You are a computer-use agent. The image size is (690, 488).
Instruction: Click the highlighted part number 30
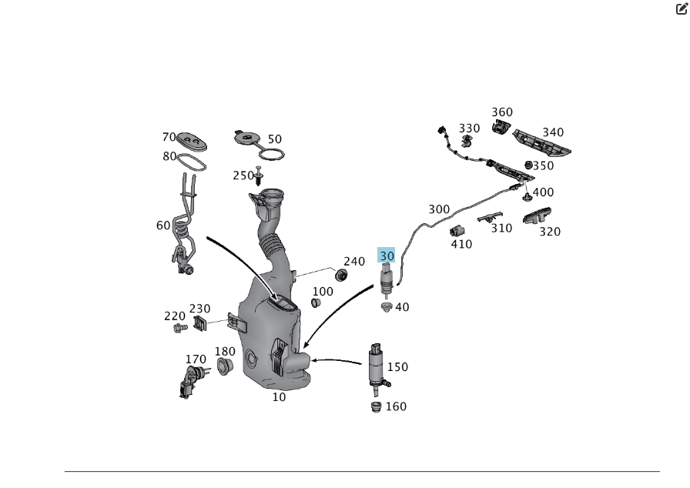[387, 256]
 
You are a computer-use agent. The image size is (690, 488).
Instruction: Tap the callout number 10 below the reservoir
[279, 397]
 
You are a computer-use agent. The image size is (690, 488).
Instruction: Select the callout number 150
[397, 367]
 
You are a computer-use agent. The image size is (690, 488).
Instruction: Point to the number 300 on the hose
[439, 209]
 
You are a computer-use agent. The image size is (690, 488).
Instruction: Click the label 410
[462, 245]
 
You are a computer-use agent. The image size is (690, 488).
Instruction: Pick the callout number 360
[502, 112]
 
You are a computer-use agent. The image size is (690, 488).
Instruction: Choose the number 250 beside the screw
[243, 175]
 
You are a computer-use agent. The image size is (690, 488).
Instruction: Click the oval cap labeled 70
[193, 142]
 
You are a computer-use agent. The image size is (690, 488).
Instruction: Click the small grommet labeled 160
[377, 406]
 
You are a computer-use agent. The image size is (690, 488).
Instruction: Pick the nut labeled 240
[341, 276]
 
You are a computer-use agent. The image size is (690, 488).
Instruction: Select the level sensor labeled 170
[192, 379]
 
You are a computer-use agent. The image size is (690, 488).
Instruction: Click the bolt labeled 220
[179, 329]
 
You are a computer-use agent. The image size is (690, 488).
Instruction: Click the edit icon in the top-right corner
[682, 9]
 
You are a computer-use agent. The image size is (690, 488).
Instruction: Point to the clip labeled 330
[467, 141]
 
